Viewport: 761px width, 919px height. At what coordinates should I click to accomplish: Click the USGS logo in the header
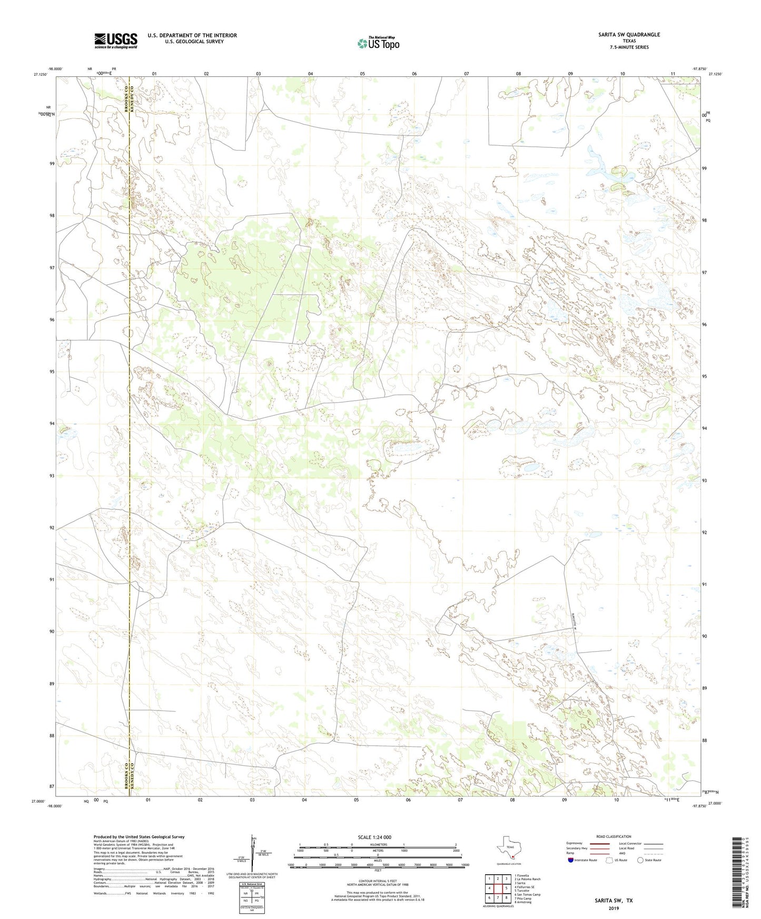click(x=115, y=40)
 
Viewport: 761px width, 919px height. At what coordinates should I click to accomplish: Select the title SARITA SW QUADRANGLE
click(x=629, y=35)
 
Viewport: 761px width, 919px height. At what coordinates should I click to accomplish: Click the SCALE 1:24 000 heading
click(x=378, y=837)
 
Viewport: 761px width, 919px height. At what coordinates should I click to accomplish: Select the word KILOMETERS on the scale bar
click(x=378, y=845)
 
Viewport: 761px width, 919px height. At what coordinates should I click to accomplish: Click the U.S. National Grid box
click(x=251, y=895)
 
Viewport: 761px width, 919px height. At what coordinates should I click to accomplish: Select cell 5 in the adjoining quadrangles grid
click(x=506, y=888)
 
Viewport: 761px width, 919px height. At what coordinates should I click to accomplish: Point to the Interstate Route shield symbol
click(x=571, y=860)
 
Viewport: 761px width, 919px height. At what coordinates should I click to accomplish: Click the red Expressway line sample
click(x=599, y=843)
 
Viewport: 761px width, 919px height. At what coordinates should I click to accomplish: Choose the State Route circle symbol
click(x=640, y=860)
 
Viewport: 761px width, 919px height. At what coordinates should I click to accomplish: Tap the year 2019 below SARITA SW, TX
click(x=614, y=908)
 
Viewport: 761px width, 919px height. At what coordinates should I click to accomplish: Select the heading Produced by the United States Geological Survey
click(x=139, y=837)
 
